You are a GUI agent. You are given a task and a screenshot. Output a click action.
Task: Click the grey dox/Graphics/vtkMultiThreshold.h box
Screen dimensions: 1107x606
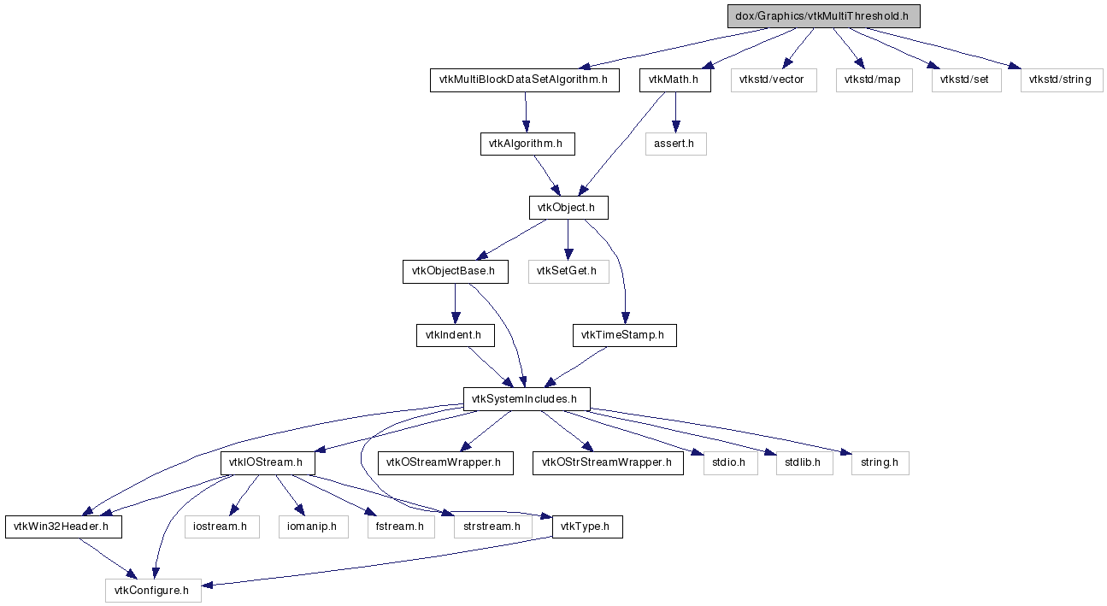(x=823, y=16)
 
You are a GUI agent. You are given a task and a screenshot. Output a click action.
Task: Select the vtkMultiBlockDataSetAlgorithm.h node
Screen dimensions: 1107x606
(x=524, y=80)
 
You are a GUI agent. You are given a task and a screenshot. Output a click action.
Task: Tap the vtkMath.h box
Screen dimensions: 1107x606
(x=675, y=80)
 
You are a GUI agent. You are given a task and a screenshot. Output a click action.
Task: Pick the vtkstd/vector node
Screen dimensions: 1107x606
(x=774, y=80)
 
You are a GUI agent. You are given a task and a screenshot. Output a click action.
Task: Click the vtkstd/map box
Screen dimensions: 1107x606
(x=874, y=80)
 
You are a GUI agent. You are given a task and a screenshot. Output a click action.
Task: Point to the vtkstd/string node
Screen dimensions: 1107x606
(x=1062, y=80)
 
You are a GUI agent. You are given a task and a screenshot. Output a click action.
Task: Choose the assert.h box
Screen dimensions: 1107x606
(x=675, y=144)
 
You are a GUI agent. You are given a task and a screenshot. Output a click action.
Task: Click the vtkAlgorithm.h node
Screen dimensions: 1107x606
(x=527, y=144)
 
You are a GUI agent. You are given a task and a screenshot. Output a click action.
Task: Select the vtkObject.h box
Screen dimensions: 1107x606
(x=568, y=208)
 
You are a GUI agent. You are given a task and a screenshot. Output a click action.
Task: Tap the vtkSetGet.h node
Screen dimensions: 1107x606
(x=568, y=271)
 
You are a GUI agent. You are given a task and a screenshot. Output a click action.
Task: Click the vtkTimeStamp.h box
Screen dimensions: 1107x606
(x=625, y=335)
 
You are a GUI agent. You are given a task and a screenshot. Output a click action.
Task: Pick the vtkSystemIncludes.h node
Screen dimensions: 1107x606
(x=527, y=399)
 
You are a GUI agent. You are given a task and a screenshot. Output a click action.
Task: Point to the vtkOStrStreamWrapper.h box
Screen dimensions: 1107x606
(x=608, y=463)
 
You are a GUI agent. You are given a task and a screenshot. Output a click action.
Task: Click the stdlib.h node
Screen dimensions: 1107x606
(x=804, y=463)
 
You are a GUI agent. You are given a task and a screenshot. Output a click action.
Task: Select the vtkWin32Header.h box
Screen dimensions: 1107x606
(x=63, y=527)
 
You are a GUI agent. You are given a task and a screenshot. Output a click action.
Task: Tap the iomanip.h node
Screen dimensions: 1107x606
(x=314, y=527)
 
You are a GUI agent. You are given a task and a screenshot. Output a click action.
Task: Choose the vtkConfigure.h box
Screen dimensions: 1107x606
(x=153, y=591)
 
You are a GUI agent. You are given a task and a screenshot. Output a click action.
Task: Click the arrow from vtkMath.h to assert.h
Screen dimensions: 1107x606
(x=675, y=112)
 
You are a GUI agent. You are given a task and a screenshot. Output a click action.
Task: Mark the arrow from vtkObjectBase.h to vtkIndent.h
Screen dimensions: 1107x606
(x=455, y=303)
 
